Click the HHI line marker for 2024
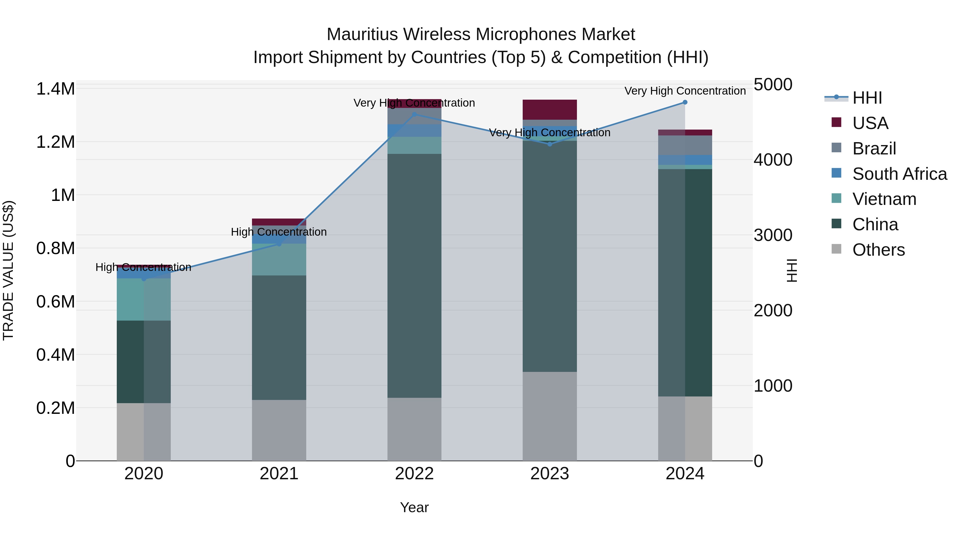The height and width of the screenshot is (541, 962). (685, 102)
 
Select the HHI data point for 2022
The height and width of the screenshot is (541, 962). (414, 115)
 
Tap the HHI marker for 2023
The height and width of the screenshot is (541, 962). (550, 144)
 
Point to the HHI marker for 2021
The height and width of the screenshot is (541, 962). (279, 244)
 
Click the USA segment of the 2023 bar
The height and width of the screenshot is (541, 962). (550, 110)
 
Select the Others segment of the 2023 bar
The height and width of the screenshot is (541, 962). (550, 416)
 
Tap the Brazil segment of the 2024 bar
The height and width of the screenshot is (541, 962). (685, 145)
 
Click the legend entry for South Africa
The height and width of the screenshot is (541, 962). (899, 174)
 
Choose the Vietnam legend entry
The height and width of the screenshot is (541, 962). (884, 199)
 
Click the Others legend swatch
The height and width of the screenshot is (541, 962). (836, 249)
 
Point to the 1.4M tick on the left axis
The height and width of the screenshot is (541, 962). (55, 89)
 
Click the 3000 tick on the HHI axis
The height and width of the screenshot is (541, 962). (773, 236)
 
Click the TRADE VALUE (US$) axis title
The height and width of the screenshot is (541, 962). (8, 270)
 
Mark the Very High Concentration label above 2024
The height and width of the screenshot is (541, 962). (685, 91)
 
